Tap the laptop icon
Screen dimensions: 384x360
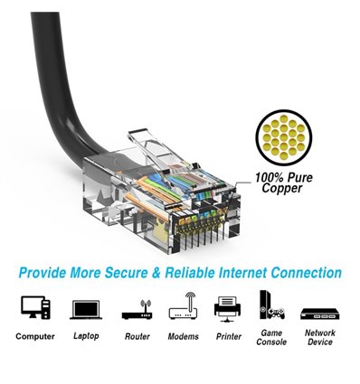tap(86, 309)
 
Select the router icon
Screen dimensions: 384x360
tap(136, 309)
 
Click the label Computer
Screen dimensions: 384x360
tap(35, 337)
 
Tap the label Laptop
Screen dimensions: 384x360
tap(86, 337)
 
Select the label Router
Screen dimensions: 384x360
tap(137, 337)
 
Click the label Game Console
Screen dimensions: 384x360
tap(271, 338)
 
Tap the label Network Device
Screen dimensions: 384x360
tap(319, 338)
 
